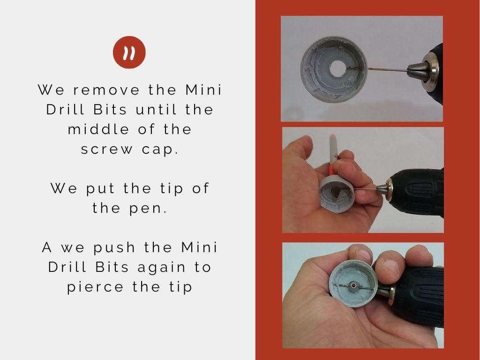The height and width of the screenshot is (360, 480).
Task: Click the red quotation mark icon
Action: click(x=129, y=52)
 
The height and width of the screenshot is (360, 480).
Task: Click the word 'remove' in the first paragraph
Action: click(x=106, y=90)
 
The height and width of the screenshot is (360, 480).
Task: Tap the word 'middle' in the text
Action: click(x=98, y=129)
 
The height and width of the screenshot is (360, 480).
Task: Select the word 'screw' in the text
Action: click(x=107, y=150)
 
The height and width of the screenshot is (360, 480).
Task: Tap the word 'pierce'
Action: click(x=95, y=287)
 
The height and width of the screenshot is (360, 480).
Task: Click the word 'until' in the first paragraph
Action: click(x=156, y=109)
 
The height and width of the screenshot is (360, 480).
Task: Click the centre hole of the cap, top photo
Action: click(x=337, y=69)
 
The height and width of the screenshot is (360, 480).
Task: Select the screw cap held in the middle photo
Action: click(x=336, y=194)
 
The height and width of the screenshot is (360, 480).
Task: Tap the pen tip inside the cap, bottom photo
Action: click(x=353, y=286)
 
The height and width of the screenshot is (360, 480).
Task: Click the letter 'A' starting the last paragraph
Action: click(x=47, y=247)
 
